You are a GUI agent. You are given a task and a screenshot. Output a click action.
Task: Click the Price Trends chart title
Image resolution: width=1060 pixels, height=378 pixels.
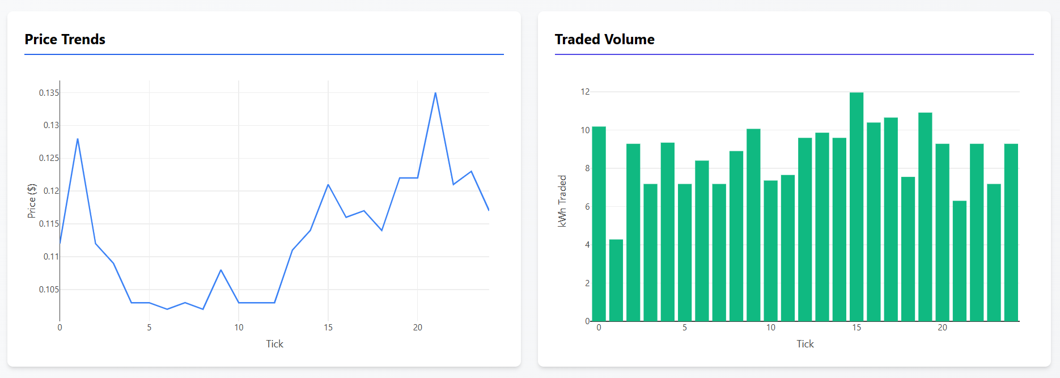[x=65, y=39]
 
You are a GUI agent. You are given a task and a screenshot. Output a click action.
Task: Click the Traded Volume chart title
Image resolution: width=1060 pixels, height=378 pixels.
[x=604, y=39]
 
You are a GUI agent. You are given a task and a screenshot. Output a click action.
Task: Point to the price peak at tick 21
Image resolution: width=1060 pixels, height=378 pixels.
[x=435, y=93]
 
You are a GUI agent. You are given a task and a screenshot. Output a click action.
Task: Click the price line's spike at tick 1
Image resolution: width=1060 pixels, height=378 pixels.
[x=78, y=139]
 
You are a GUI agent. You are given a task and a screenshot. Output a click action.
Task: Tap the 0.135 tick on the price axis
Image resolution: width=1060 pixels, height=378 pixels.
[x=49, y=93]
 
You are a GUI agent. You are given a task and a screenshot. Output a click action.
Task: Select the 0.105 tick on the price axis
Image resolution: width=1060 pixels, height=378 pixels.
[x=49, y=290]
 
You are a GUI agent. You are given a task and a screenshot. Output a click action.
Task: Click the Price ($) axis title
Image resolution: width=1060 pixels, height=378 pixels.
[x=32, y=201]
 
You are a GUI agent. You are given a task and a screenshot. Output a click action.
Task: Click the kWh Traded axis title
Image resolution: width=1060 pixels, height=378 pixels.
[x=562, y=201]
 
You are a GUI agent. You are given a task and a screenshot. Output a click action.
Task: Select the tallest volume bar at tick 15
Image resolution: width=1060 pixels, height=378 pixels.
[x=856, y=207]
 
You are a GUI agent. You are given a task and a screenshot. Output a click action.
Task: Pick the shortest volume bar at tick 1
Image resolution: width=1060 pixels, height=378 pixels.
[x=616, y=281]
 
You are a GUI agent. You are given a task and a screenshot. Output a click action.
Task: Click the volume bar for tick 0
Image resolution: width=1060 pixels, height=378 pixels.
[x=599, y=224]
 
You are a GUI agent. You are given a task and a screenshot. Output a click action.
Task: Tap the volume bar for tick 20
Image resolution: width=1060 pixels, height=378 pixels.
[x=942, y=232]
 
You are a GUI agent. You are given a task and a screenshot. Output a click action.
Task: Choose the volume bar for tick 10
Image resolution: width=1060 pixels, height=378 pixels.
[x=770, y=250]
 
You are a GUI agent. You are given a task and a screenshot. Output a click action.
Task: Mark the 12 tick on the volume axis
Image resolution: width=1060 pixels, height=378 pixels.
[x=585, y=92]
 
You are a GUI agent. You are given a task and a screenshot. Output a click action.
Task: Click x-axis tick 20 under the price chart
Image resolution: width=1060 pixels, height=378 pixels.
[x=418, y=328]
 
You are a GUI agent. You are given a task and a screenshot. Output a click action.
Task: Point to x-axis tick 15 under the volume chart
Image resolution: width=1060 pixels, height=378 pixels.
[x=856, y=328]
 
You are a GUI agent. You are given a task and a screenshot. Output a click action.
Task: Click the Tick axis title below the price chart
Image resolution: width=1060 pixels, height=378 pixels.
[x=274, y=344]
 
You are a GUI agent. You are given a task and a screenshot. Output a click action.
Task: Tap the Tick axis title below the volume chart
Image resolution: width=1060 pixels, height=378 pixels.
[x=805, y=344]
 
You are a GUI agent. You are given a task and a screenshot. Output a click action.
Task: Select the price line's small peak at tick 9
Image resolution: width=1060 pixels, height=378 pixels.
[x=221, y=270]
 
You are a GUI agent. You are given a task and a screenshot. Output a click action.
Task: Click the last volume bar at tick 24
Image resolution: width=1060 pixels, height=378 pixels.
[x=1011, y=232]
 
